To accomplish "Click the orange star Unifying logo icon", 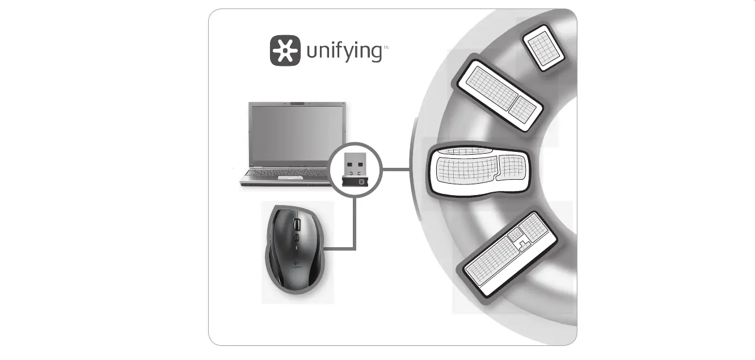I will click(285, 51).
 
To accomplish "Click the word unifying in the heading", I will click(344, 52).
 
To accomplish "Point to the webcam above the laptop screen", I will click(297, 104).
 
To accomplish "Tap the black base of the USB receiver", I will click(356, 181).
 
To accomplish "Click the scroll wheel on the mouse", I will click(295, 225).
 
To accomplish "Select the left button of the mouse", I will click(282, 224).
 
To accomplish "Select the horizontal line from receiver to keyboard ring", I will click(396, 169).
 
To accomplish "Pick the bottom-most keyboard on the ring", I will click(511, 255).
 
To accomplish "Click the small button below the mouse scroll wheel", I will click(295, 236).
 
